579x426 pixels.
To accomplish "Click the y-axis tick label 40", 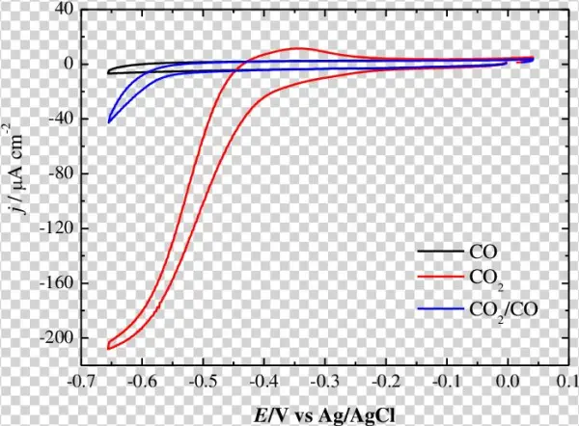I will tap(64, 10).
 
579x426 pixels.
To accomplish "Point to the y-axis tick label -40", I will tap(61, 120).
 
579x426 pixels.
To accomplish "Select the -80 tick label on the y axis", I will tap(61, 174).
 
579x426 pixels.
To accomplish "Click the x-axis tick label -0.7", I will tap(81, 383).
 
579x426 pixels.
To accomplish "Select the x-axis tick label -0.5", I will tap(203, 383).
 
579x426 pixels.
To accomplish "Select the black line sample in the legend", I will tap(440, 252).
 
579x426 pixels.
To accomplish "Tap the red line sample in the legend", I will tap(440, 280).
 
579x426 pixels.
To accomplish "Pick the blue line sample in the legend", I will tap(440, 308).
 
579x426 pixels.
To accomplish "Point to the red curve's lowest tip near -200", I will tap(108, 348).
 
